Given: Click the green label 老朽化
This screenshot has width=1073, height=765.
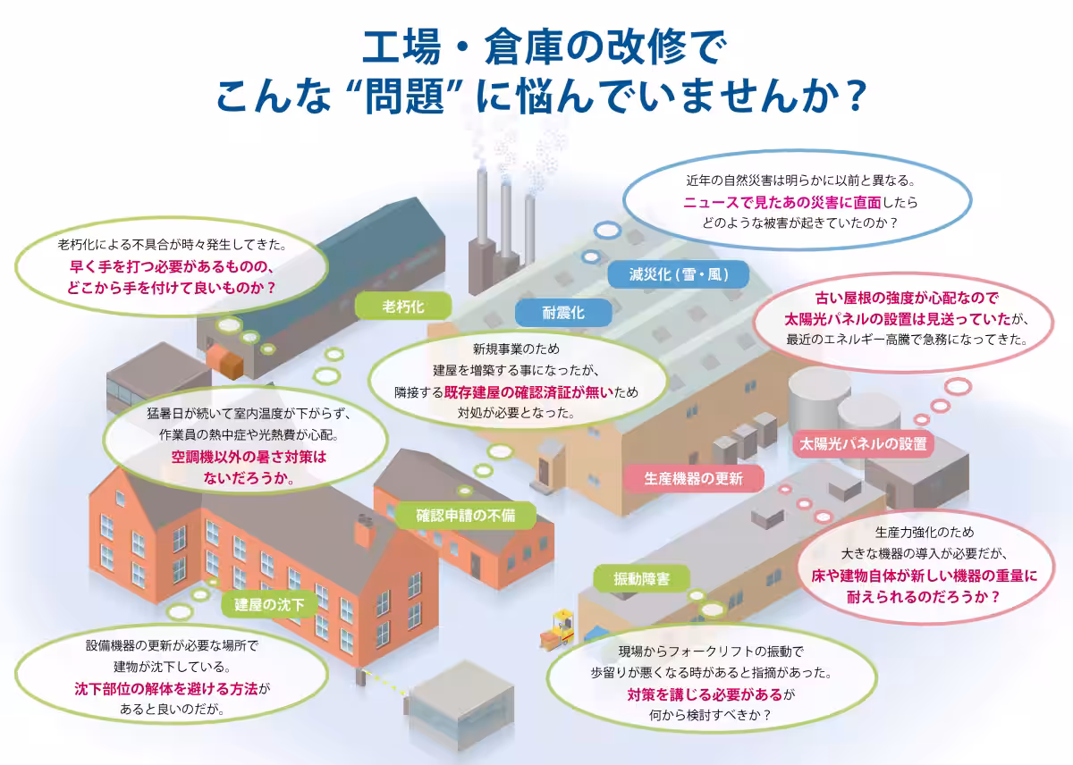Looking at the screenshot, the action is point(403,307).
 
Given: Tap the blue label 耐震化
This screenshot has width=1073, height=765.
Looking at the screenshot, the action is point(563,312).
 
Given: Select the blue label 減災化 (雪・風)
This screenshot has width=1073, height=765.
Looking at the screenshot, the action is point(665,274).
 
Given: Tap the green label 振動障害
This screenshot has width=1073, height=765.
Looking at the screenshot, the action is point(641,578).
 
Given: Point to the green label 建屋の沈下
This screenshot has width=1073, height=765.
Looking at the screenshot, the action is point(269,605).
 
